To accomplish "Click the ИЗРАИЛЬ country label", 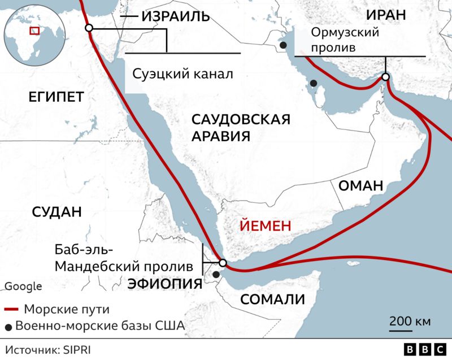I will tap(176, 17).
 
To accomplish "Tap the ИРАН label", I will tap(385, 15).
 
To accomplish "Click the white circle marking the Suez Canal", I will tap(88, 28).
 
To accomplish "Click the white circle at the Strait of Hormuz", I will tap(385, 77).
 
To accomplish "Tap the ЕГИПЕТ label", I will tap(55, 97).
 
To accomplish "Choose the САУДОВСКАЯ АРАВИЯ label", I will tap(241, 128).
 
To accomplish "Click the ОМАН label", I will tap(360, 186).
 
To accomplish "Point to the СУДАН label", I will tap(56, 212).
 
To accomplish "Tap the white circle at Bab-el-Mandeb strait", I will tap(223, 263).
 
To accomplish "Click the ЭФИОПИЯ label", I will tap(164, 284).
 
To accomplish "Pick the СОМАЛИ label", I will tap(273, 300).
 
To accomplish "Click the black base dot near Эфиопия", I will tap(216, 275).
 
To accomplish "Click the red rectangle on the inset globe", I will tap(34, 31).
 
